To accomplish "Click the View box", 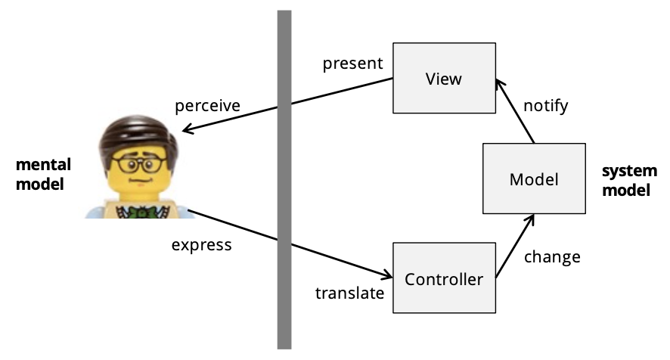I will (443, 78).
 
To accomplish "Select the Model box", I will (534, 178).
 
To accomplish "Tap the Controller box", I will (444, 279).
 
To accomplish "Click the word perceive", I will (207, 105).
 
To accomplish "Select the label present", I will (352, 63).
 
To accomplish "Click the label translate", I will (350, 292).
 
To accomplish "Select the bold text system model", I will (625, 180).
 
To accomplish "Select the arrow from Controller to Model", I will (516, 247).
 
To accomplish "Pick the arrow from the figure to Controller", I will (287, 244).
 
